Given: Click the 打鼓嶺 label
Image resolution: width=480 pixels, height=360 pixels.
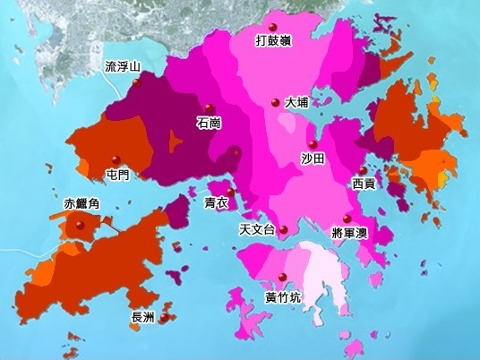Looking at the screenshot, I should pyautogui.click(x=274, y=40).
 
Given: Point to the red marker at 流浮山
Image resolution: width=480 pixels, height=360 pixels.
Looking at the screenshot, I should pyautogui.click(x=136, y=82).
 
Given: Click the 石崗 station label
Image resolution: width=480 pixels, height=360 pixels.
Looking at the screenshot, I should pyautogui.click(x=208, y=123).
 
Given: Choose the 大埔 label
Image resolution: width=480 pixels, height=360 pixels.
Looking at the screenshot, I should pyautogui.click(x=296, y=103).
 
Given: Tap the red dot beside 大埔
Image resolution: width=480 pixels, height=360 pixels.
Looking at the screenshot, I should pyautogui.click(x=276, y=102).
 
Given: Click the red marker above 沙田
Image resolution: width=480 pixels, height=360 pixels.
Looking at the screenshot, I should pyautogui.click(x=312, y=144).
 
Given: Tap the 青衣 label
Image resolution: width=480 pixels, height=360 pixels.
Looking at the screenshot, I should pyautogui.click(x=217, y=203).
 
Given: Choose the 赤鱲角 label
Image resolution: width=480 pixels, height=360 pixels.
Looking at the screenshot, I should pyautogui.click(x=82, y=205).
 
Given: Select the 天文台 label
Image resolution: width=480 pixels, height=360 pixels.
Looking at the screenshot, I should pyautogui.click(x=256, y=230).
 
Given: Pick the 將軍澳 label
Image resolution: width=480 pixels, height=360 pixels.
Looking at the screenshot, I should pyautogui.click(x=349, y=231).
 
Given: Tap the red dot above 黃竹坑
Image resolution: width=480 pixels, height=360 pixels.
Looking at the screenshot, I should pyautogui.click(x=282, y=275).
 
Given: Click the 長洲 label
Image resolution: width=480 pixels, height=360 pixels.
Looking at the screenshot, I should pyautogui.click(x=143, y=318).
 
